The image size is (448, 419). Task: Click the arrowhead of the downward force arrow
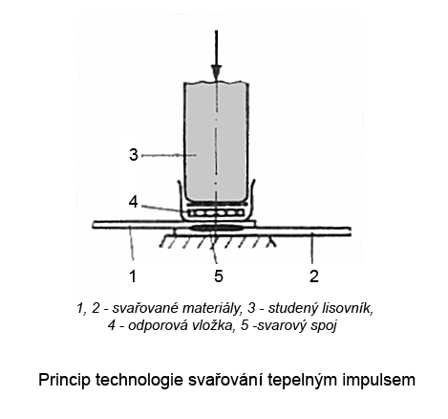[216, 70]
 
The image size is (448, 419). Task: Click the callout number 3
[134, 155]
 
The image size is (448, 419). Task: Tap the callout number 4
[134, 202]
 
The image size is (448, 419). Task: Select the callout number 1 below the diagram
[133, 276]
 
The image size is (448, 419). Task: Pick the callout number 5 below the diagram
[219, 276]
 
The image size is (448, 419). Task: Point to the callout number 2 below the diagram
[314, 276]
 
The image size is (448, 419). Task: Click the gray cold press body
[216, 142]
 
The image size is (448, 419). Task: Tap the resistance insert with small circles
[216, 212]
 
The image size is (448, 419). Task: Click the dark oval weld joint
[216, 228]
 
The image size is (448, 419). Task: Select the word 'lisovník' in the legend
[348, 308]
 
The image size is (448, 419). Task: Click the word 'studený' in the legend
[293, 308]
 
